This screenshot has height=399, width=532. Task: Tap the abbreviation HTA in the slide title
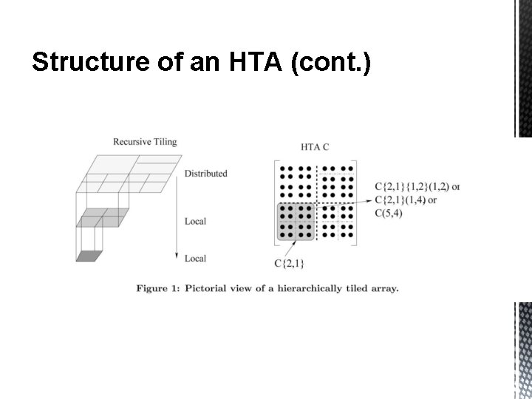248,65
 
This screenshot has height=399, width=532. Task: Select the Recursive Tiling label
145,141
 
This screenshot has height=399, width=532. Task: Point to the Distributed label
206,174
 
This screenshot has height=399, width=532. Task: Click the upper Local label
195,221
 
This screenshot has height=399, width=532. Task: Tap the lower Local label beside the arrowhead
195,259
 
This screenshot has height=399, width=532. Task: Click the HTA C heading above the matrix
316,147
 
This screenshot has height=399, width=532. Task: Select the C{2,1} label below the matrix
289,262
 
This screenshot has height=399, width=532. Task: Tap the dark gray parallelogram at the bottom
89,256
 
